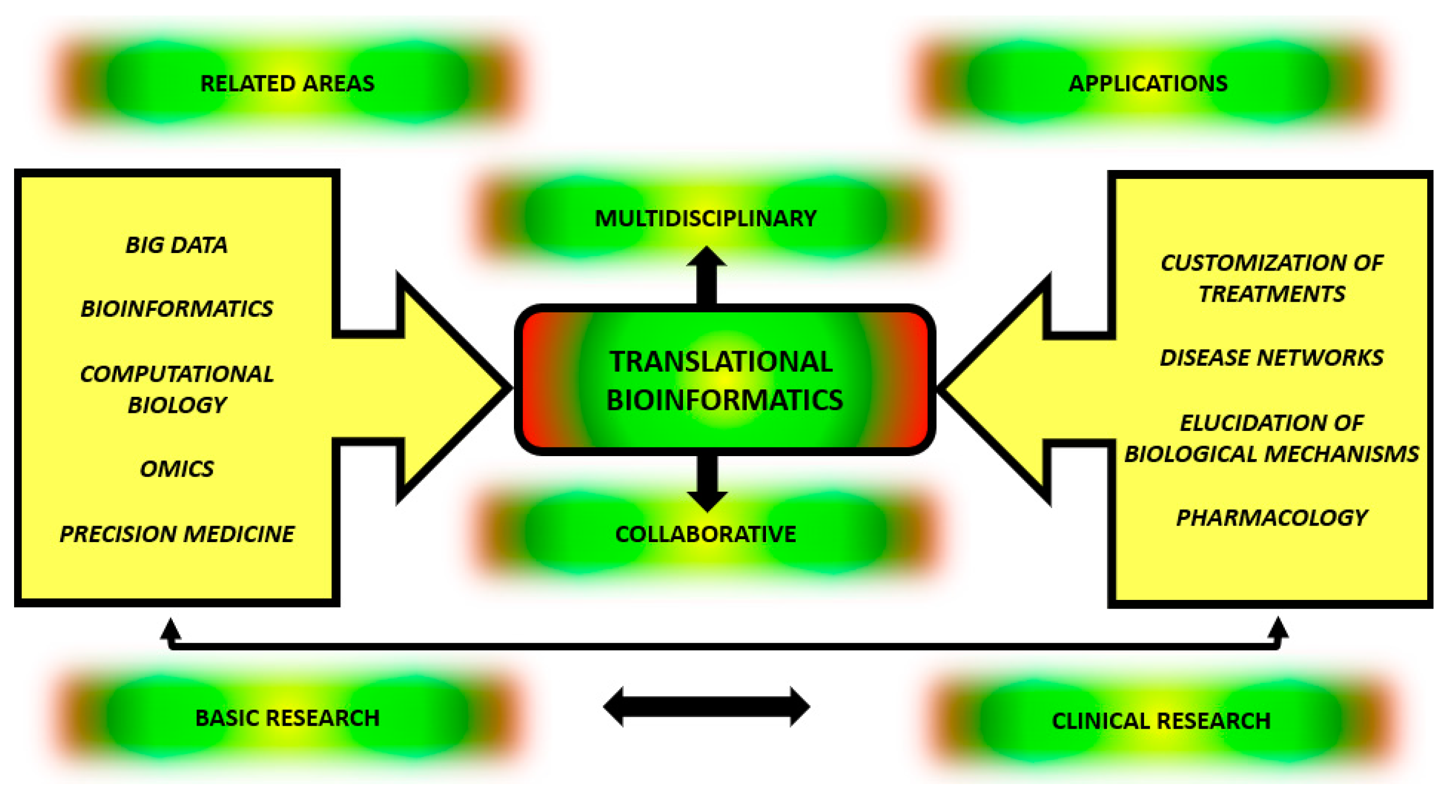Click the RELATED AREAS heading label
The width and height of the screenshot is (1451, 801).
tap(287, 84)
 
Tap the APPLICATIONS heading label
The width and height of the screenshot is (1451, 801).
tap(1148, 84)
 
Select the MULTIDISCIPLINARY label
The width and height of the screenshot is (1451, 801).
tap(705, 219)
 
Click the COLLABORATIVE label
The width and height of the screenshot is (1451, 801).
tap(705, 534)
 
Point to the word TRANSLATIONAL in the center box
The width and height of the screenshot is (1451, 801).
tap(721, 361)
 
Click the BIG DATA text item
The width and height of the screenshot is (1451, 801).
tap(176, 245)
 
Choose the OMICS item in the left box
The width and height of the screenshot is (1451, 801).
tap(176, 469)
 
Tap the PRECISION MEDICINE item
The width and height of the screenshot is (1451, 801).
tap(176, 534)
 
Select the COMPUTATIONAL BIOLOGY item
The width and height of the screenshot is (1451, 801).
tap(176, 389)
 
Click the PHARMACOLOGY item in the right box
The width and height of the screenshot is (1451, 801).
tap(1272, 518)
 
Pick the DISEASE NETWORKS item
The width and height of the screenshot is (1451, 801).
tap(1272, 358)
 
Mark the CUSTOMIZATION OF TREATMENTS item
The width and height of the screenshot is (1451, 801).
tap(1272, 278)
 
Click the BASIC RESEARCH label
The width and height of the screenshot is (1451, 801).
tap(287, 718)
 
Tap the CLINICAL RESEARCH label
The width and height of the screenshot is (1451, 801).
tap(1161, 721)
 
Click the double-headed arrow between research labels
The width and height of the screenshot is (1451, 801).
tap(706, 706)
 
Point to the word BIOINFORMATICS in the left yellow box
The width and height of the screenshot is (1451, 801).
tap(176, 308)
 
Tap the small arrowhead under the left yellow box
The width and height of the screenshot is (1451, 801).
tap(170, 629)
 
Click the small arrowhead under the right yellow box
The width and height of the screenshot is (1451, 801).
tap(1278, 629)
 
